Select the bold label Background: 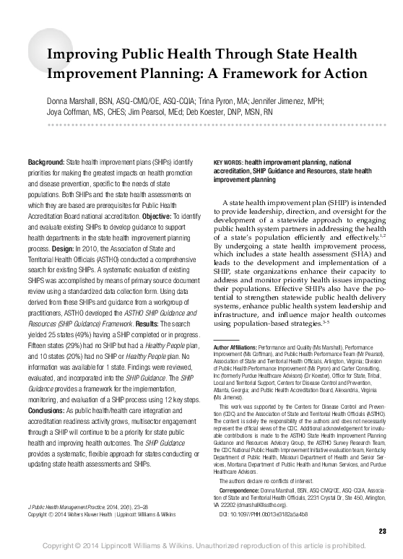[x=45, y=159]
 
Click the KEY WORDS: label [x=228, y=162]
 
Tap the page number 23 [x=382, y=532]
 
